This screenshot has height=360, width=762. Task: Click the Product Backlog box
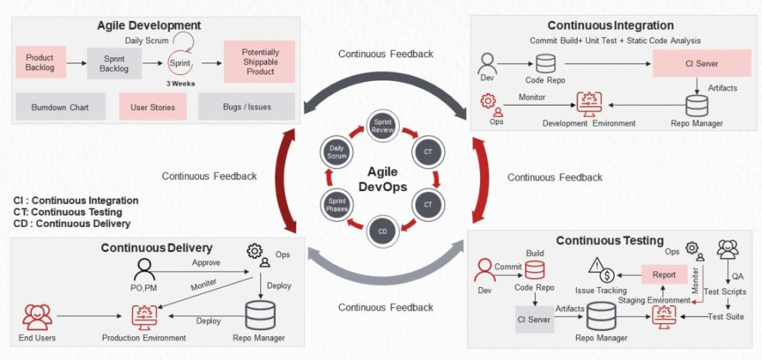(40, 62)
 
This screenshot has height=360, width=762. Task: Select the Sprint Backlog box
(114, 63)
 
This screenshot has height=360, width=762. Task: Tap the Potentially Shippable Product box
(260, 62)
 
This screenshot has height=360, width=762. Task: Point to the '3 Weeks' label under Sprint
(180, 83)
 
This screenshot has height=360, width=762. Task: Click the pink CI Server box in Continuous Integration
(696, 64)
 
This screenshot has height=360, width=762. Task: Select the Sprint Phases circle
(336, 204)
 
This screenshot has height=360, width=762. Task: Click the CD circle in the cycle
(382, 231)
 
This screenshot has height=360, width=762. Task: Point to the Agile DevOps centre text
(382, 180)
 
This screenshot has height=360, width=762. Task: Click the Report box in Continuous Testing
(664, 274)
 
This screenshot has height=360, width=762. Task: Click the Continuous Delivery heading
(156, 248)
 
